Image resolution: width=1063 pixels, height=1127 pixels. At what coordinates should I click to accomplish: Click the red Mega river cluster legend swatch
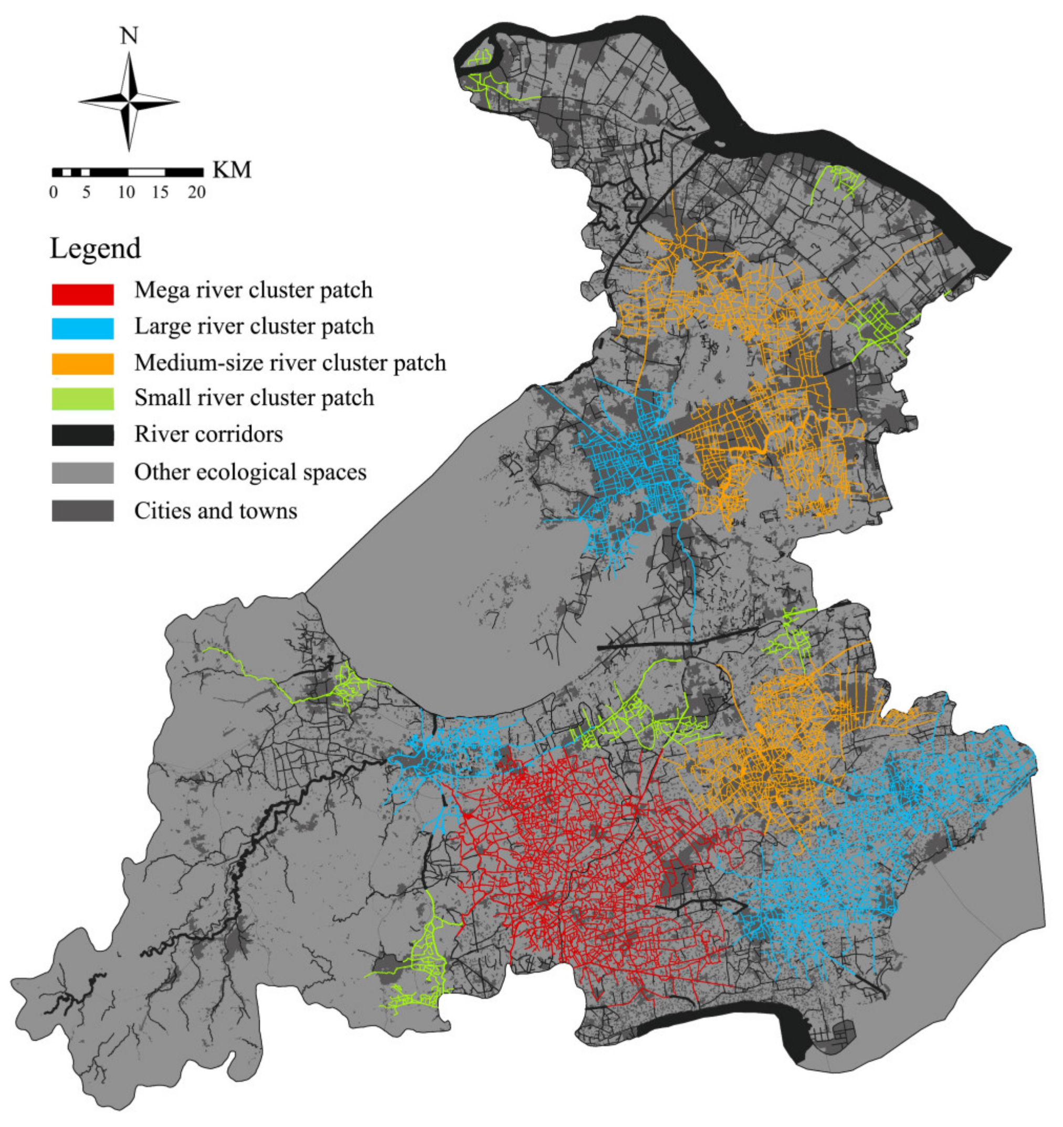click(82, 294)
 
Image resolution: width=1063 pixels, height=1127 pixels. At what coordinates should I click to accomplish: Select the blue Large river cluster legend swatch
click(82, 328)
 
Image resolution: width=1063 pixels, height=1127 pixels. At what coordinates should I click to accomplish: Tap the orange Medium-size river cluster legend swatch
click(82, 364)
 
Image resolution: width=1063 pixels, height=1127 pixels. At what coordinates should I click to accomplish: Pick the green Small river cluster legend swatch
click(82, 399)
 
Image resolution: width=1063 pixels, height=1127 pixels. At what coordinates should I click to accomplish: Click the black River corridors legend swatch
click(82, 435)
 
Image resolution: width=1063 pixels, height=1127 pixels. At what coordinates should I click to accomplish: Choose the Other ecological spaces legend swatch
click(82, 473)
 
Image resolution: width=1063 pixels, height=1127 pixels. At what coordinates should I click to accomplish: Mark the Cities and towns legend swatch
click(82, 511)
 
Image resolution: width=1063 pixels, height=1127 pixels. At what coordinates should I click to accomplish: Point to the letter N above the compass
click(129, 36)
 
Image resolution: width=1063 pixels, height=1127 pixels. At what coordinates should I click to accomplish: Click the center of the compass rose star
click(129, 102)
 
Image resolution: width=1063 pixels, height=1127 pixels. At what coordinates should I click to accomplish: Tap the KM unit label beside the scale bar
click(231, 170)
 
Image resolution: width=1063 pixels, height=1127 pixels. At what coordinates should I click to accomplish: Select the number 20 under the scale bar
click(197, 193)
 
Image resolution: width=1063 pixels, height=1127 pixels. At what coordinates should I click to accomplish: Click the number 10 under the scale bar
click(127, 193)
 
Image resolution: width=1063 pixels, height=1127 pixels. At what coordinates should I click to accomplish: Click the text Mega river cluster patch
click(254, 290)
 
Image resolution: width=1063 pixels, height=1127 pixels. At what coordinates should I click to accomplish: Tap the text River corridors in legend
click(208, 435)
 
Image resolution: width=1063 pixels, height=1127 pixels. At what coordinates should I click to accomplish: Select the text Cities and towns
click(215, 512)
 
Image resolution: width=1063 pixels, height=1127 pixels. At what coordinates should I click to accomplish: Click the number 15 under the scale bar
click(160, 193)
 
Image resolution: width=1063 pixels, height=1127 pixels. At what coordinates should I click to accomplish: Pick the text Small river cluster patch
click(254, 398)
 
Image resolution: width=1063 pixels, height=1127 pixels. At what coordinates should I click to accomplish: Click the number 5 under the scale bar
click(86, 193)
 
